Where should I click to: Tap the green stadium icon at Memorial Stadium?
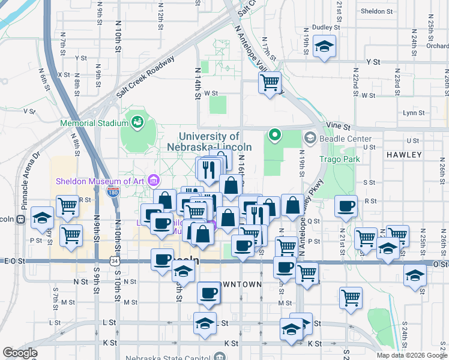pyautogui.click(x=137, y=123)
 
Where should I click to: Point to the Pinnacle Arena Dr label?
pyautogui.click(x=29, y=181)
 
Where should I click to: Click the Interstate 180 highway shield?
pyautogui.click(x=112, y=192)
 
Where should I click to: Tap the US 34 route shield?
pyautogui.click(x=114, y=261)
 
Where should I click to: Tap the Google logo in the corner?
pyautogui.click(x=20, y=353)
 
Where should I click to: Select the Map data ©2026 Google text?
pyautogui.click(x=411, y=355)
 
